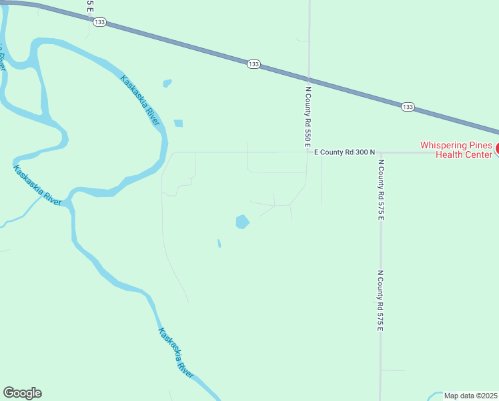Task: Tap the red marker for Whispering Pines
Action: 496,149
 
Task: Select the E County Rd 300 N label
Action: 345,152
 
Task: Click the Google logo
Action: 22,393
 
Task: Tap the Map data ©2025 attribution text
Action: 471,396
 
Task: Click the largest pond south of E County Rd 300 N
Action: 242,221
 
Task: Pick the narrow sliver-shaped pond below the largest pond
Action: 219,243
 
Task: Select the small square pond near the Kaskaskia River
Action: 178,123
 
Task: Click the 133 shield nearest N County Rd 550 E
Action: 254,64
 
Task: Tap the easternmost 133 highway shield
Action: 408,107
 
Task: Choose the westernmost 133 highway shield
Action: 99,23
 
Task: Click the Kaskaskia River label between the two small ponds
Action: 140,101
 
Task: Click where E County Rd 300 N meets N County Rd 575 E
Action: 380,152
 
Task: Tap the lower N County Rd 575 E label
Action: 381,301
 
